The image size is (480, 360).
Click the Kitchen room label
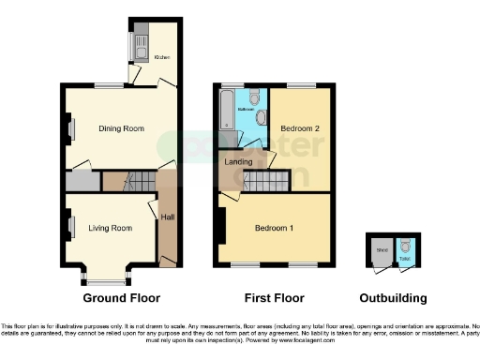tap(161, 57)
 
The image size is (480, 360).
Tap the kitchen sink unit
tap(137, 43)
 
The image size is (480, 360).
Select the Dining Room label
tap(121, 128)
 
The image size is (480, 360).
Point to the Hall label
tap(167, 217)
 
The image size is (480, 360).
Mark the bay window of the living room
tap(106, 277)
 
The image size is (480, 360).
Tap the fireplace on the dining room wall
tap(69, 127)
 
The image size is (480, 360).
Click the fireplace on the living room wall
tap(69, 226)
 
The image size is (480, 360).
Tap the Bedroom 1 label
tap(275, 228)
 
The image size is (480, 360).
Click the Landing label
tap(237, 160)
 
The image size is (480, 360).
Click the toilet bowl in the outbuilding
tap(405, 247)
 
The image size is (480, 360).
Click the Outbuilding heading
tap(394, 299)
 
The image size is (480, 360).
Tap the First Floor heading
tap(274, 299)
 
